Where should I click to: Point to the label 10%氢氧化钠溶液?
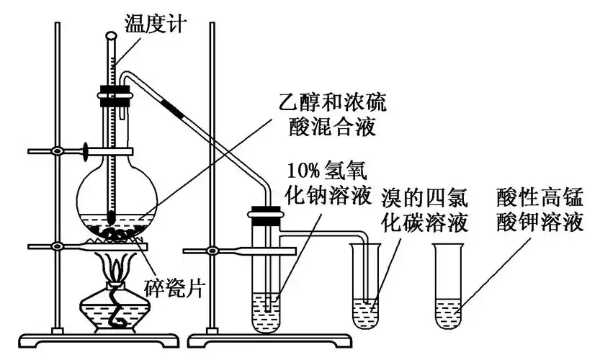(327, 183)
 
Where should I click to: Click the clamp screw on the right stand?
(213, 251)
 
